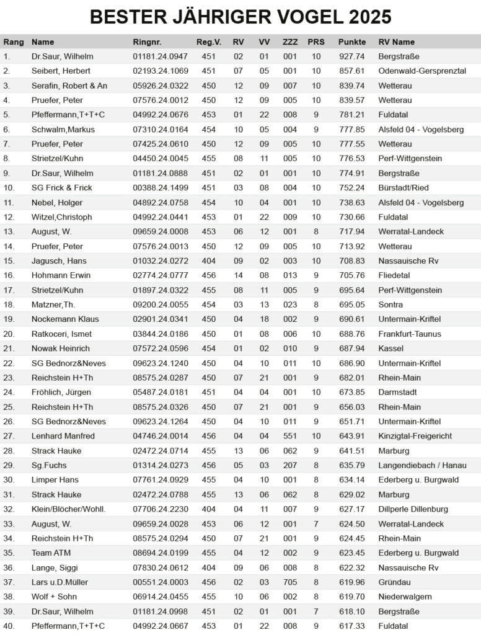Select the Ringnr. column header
[x=147, y=42]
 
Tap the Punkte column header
[x=351, y=42]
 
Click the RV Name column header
[x=396, y=42]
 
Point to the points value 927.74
[x=351, y=56]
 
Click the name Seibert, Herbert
[x=61, y=71]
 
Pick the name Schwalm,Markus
[x=61, y=130]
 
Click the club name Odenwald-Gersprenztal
[x=422, y=71]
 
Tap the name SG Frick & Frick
[x=62, y=188]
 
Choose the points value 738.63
[x=351, y=203]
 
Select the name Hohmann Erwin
[x=61, y=275]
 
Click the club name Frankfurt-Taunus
[x=410, y=334]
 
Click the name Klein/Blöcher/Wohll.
[x=69, y=509]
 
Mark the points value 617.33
[x=351, y=626]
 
